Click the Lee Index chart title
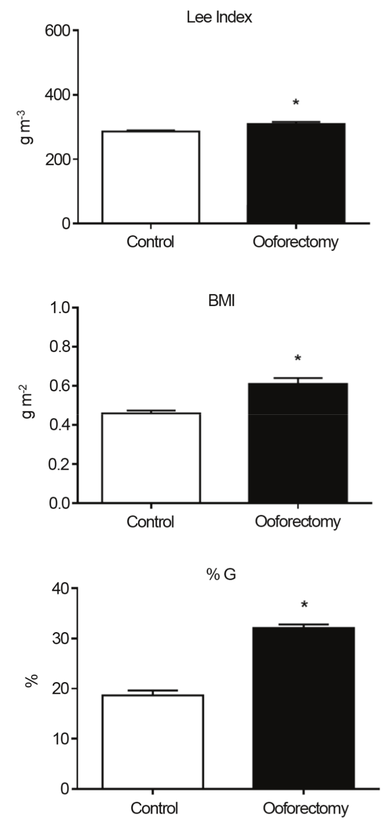click(219, 18)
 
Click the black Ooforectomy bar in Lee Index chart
click(295, 173)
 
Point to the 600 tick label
click(58, 31)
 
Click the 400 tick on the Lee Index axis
click(58, 95)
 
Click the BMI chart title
click(221, 301)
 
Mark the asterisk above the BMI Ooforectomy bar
click(298, 359)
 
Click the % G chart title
click(221, 575)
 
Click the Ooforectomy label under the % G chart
click(305, 808)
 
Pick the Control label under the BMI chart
click(150, 522)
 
